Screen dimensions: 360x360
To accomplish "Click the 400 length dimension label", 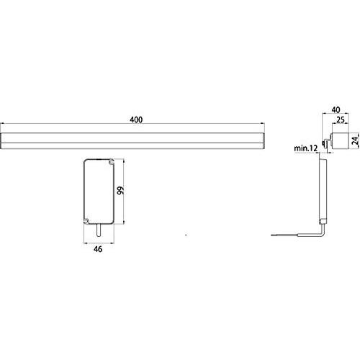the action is point(136,120).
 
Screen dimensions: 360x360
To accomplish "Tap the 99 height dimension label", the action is point(120,190).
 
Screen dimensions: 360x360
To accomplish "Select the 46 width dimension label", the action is point(98,249).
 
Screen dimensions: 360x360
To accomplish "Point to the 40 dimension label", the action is point(336,109).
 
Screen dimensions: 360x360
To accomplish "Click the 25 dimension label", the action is point(341,120).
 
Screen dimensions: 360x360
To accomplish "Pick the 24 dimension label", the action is point(356,140).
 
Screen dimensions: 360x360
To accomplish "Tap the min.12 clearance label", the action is point(305,148).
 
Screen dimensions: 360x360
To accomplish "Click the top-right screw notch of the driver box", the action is point(111,161).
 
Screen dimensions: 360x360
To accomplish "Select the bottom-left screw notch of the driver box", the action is point(86,221).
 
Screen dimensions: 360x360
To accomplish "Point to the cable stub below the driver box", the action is point(99,230).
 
